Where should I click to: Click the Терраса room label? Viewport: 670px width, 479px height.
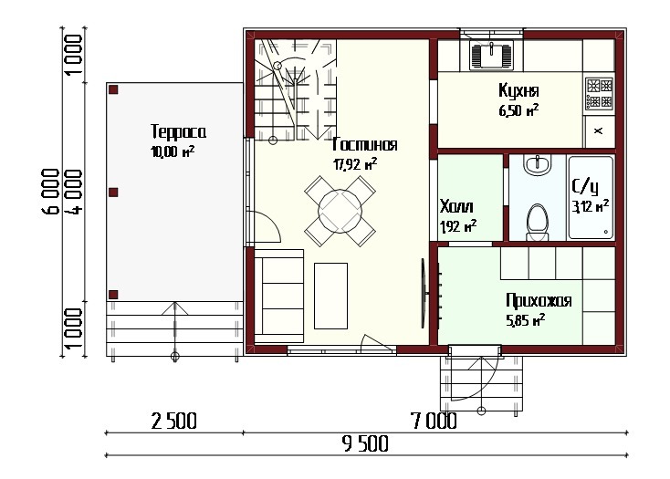178,132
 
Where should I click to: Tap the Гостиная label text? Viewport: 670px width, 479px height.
365,145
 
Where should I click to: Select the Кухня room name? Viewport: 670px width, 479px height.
518,90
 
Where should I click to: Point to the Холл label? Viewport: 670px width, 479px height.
456,206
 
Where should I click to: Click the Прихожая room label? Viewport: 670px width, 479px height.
539,300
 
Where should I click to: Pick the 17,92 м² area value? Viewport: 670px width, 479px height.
355,164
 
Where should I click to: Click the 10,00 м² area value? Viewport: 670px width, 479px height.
173,151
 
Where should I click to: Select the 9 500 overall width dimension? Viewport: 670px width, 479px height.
366,444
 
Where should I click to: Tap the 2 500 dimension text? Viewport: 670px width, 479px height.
174,421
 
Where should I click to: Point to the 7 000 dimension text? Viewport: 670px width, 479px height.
434,421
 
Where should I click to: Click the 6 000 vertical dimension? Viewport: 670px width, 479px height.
50,191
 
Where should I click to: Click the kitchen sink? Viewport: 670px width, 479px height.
491,55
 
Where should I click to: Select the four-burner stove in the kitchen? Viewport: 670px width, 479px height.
600,93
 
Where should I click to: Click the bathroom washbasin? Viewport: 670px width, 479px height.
537,164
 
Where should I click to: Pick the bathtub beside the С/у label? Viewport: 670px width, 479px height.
590,198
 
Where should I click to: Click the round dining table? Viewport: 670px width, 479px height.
340,211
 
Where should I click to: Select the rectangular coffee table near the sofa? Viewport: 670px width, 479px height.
330,296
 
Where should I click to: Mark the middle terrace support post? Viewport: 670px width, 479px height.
113,193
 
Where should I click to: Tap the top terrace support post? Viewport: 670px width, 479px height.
113,89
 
